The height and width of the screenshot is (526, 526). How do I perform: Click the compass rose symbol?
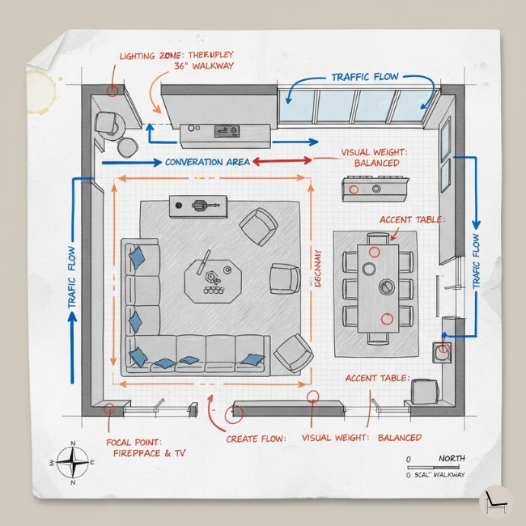tap(74, 462)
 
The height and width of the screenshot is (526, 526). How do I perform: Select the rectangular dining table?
tap(379, 287)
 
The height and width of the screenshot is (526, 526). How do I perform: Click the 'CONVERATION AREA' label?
tap(207, 162)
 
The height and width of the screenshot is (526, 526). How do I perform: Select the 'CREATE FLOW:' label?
tap(256, 439)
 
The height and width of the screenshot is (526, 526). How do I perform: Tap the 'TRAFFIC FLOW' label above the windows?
tap(364, 77)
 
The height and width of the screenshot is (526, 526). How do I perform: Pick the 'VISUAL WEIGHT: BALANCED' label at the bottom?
tap(361, 438)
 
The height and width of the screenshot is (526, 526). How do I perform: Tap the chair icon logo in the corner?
tap(494, 501)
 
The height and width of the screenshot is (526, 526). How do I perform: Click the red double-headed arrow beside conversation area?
tap(282, 161)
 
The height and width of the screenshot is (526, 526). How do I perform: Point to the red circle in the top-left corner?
tap(112, 91)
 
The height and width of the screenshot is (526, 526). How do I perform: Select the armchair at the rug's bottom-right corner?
tap(292, 353)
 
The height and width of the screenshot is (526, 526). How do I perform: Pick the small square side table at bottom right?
tap(424, 392)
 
